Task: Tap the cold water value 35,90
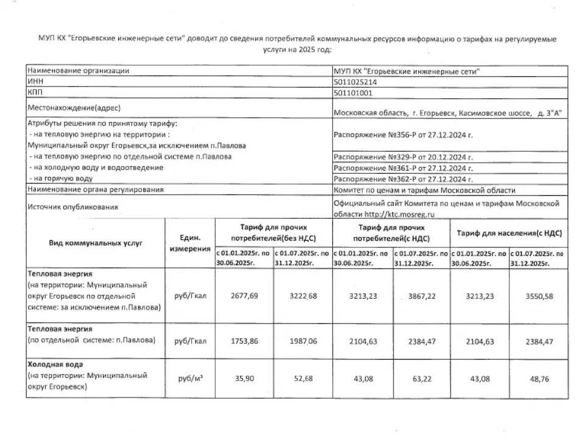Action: click(244, 379)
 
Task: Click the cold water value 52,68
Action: click(302, 379)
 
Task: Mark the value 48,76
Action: click(539, 379)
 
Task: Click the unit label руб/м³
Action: click(190, 379)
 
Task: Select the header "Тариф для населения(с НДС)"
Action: click(509, 233)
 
